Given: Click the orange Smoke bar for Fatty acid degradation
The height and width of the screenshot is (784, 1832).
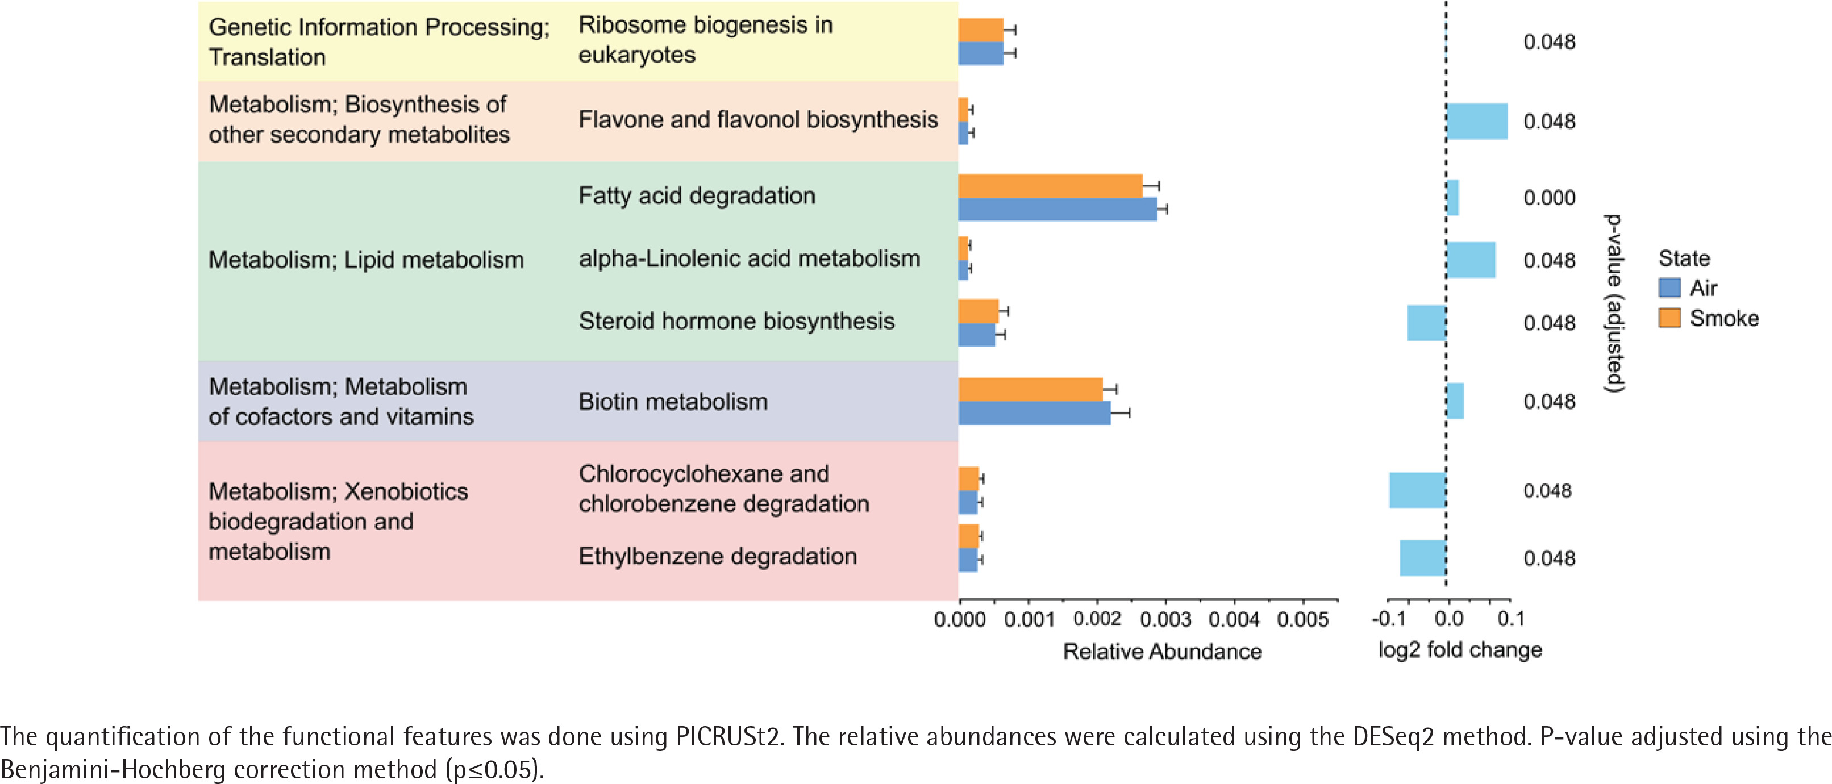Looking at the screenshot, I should (1050, 186).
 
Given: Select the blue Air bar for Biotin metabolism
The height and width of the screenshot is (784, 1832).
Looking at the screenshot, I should (1034, 413).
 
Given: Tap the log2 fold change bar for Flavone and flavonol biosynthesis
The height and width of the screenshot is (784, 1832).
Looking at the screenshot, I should (1476, 121).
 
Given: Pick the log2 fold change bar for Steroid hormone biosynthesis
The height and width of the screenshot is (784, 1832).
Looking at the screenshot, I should (1426, 323).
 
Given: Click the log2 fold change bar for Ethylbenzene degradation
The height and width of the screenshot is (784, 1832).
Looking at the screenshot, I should (1422, 558).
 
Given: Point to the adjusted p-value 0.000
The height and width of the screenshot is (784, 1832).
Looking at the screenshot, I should (1549, 198).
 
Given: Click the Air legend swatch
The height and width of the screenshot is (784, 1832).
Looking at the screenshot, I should (1669, 288).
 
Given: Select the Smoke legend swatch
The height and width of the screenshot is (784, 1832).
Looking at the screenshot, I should (1669, 318).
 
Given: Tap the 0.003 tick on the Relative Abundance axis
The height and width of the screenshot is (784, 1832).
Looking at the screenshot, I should (1165, 620).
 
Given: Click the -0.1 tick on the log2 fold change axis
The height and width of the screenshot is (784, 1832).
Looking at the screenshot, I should (1389, 618).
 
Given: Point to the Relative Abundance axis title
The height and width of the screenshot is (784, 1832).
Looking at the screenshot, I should (1162, 651).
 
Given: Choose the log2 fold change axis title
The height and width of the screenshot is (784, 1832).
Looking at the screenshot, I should (1460, 650).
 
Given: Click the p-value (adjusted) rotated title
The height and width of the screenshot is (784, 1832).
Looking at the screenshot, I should (1614, 303).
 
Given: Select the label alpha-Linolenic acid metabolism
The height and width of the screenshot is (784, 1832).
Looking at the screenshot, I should (749, 258).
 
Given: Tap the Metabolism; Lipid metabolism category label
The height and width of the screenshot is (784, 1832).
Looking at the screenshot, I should (365, 260).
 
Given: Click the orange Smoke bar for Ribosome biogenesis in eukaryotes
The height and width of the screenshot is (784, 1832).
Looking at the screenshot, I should (981, 30).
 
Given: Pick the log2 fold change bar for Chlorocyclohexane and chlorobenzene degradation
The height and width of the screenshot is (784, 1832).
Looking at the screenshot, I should (1417, 490).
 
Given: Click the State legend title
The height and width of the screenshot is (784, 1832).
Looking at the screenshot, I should (1684, 257).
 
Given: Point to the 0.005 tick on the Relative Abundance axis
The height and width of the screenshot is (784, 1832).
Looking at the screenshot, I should (1302, 620).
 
